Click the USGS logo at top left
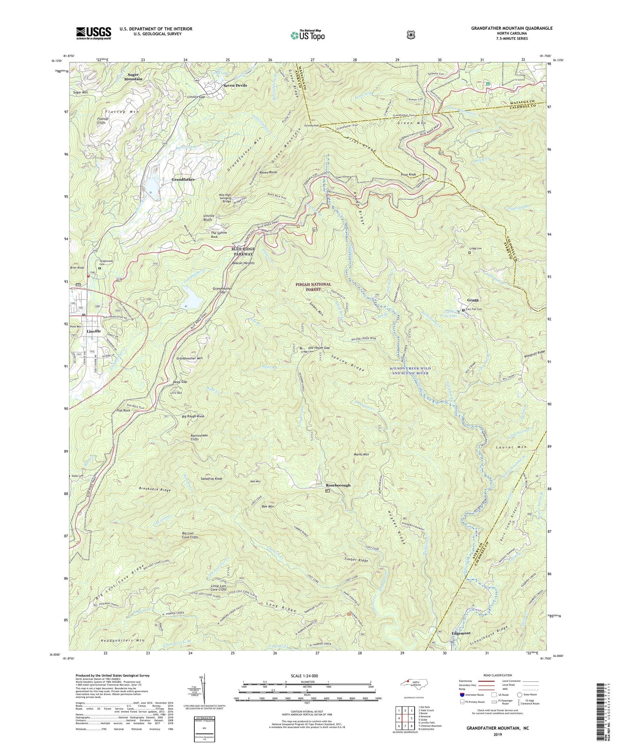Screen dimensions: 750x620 pos(93,33)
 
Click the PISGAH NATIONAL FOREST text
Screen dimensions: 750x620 pos(313,287)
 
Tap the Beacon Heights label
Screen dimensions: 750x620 pos(243,263)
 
